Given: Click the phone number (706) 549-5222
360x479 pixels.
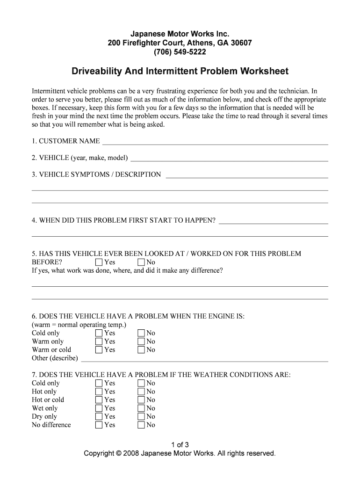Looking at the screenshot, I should [x=180, y=52].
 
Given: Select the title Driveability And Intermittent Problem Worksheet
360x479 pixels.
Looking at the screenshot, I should [x=180, y=72].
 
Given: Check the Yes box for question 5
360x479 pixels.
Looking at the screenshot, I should [x=99, y=262].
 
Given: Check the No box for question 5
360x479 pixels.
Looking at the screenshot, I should [x=141, y=262].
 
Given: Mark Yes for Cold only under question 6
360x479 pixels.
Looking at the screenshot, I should [x=99, y=333].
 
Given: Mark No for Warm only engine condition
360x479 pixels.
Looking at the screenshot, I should [x=141, y=341].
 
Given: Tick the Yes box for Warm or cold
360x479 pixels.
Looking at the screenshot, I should [x=99, y=350].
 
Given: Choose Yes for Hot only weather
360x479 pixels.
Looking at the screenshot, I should [x=99, y=392].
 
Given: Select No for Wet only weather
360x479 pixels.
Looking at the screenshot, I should [x=141, y=408].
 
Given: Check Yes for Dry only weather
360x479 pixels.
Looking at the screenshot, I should [x=99, y=417].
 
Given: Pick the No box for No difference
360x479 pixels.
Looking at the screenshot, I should [x=141, y=425].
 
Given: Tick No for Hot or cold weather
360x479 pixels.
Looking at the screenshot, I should [x=141, y=400].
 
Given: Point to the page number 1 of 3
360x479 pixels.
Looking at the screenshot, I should [x=180, y=444].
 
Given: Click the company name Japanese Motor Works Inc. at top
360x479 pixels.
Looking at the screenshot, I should [x=180, y=34].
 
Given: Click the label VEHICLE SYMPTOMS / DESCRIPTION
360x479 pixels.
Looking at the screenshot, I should [x=96, y=174].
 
